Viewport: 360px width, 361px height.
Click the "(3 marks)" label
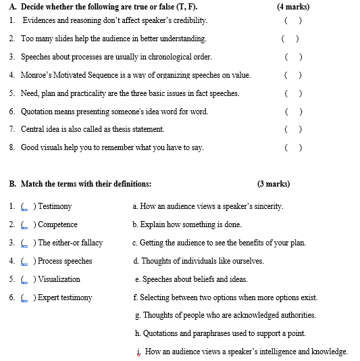pos(273,183)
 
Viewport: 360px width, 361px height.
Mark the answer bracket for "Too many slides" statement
pos(290,39)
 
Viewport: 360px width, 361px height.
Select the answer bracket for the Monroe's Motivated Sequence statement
pos(292,75)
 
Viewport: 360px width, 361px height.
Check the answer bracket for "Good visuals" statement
pos(292,147)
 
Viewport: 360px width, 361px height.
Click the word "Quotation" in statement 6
pos(38,111)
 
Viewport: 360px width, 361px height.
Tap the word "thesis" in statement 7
pos(122,129)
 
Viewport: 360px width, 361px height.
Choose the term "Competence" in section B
pos(57,224)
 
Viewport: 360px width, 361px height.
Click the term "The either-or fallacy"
pos(70,243)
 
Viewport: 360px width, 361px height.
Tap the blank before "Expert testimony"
pos(25,297)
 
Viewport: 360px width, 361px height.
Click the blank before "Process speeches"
pos(25,261)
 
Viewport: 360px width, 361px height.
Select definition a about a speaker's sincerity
pos(207,206)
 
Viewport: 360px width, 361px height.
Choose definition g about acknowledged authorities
pos(225,315)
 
